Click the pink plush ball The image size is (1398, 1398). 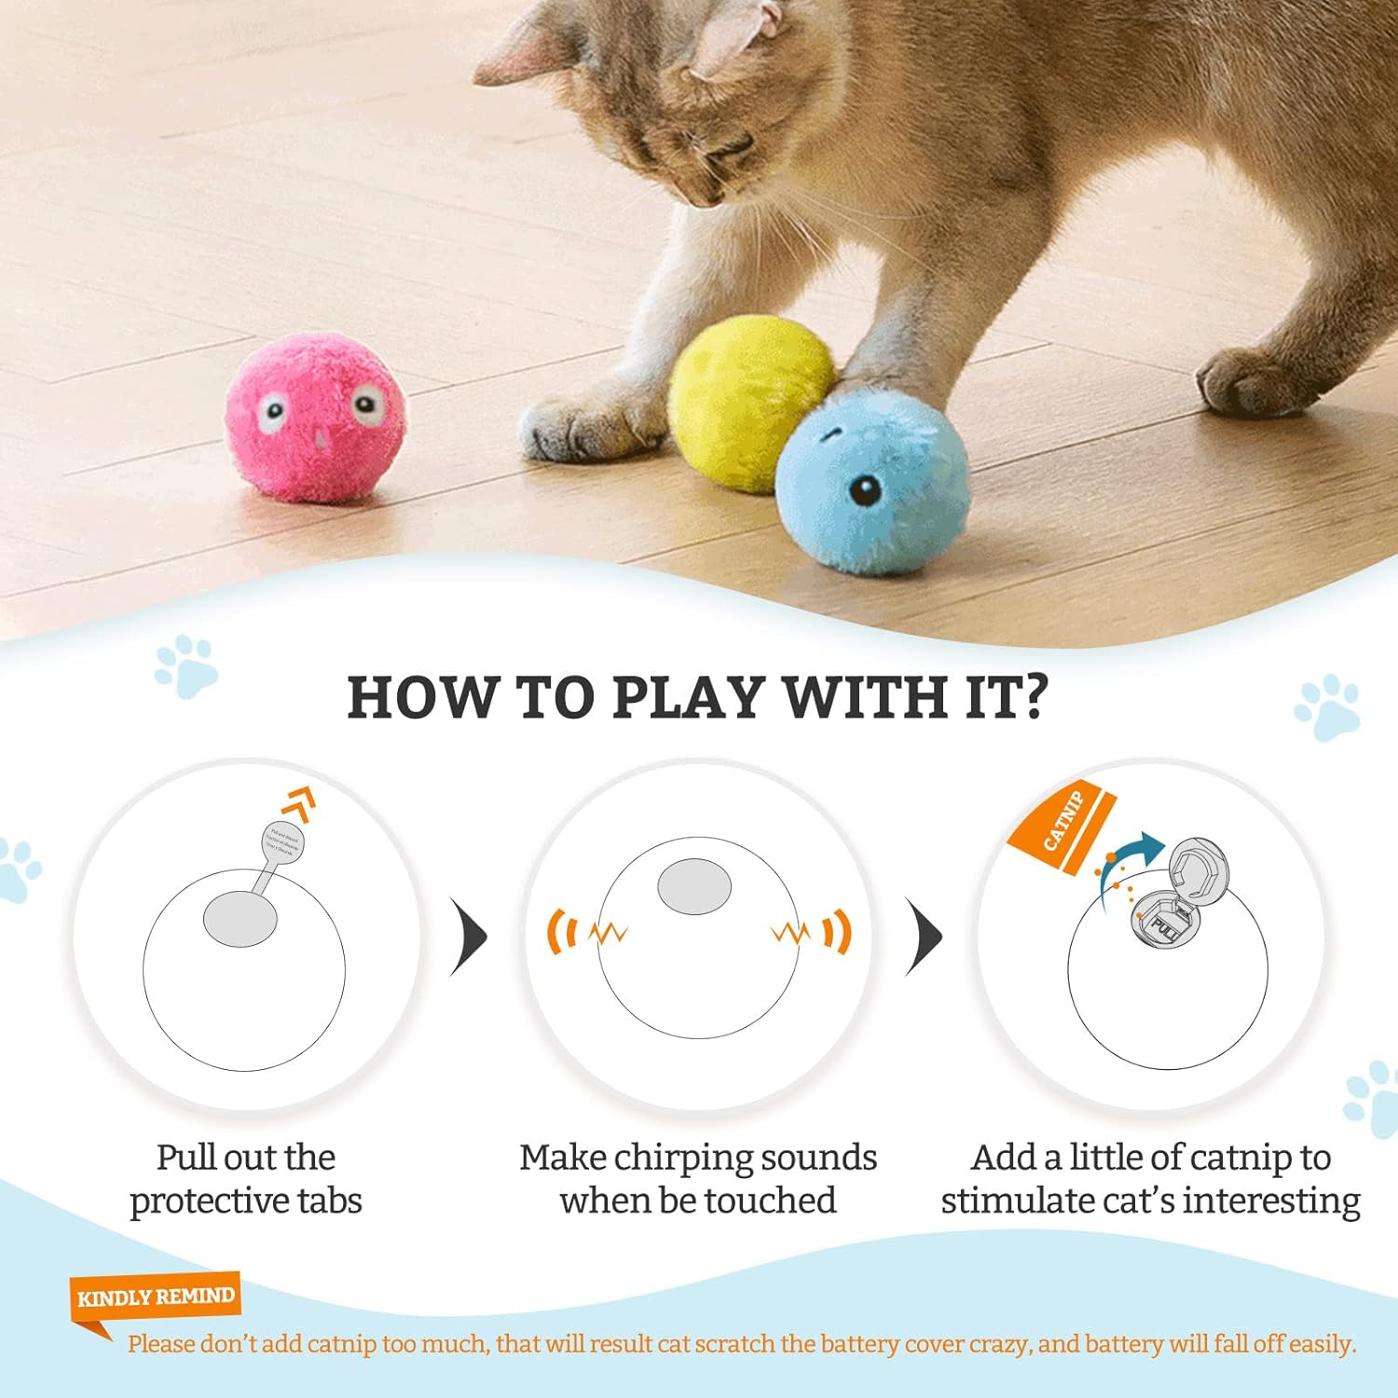pyautogui.click(x=315, y=419)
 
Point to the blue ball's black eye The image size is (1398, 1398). pyautogui.click(x=866, y=490)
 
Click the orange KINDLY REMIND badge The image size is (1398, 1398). pyautogui.click(x=156, y=1296)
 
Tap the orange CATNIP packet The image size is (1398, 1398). pyautogui.click(x=1063, y=824)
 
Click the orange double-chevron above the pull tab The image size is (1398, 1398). pyautogui.click(x=301, y=803)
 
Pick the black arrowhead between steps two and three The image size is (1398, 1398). pyautogui.click(x=925, y=937)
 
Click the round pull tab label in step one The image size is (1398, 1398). pyautogui.click(x=283, y=842)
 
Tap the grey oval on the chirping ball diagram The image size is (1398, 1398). pyautogui.click(x=694, y=885)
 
